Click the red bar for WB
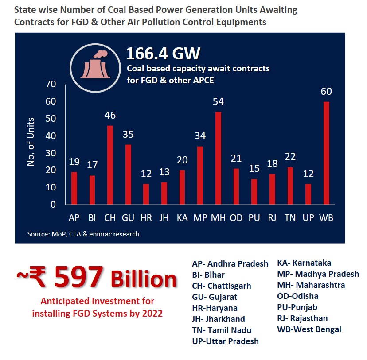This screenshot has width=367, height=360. [x=326, y=153]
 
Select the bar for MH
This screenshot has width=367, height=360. [x=218, y=159]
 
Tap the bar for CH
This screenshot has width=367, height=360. [x=110, y=165]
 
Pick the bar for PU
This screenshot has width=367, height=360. [x=254, y=192]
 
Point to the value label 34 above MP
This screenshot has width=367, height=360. [x=200, y=136]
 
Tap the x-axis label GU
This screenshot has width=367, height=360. [x=128, y=218]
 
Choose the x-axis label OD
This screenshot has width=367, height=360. [x=236, y=218]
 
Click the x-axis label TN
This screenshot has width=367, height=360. [x=290, y=218]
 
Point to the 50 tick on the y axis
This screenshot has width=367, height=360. [x=51, y=119]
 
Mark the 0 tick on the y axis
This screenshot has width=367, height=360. [x=53, y=205]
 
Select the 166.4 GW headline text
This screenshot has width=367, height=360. [x=163, y=54]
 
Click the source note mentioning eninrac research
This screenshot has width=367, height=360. [x=83, y=234]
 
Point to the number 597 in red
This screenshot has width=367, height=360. [x=78, y=278]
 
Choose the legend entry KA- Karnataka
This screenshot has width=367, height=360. [x=304, y=263]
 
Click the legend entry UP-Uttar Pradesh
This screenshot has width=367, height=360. [x=225, y=341]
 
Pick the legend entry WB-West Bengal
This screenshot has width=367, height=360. [x=309, y=329]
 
